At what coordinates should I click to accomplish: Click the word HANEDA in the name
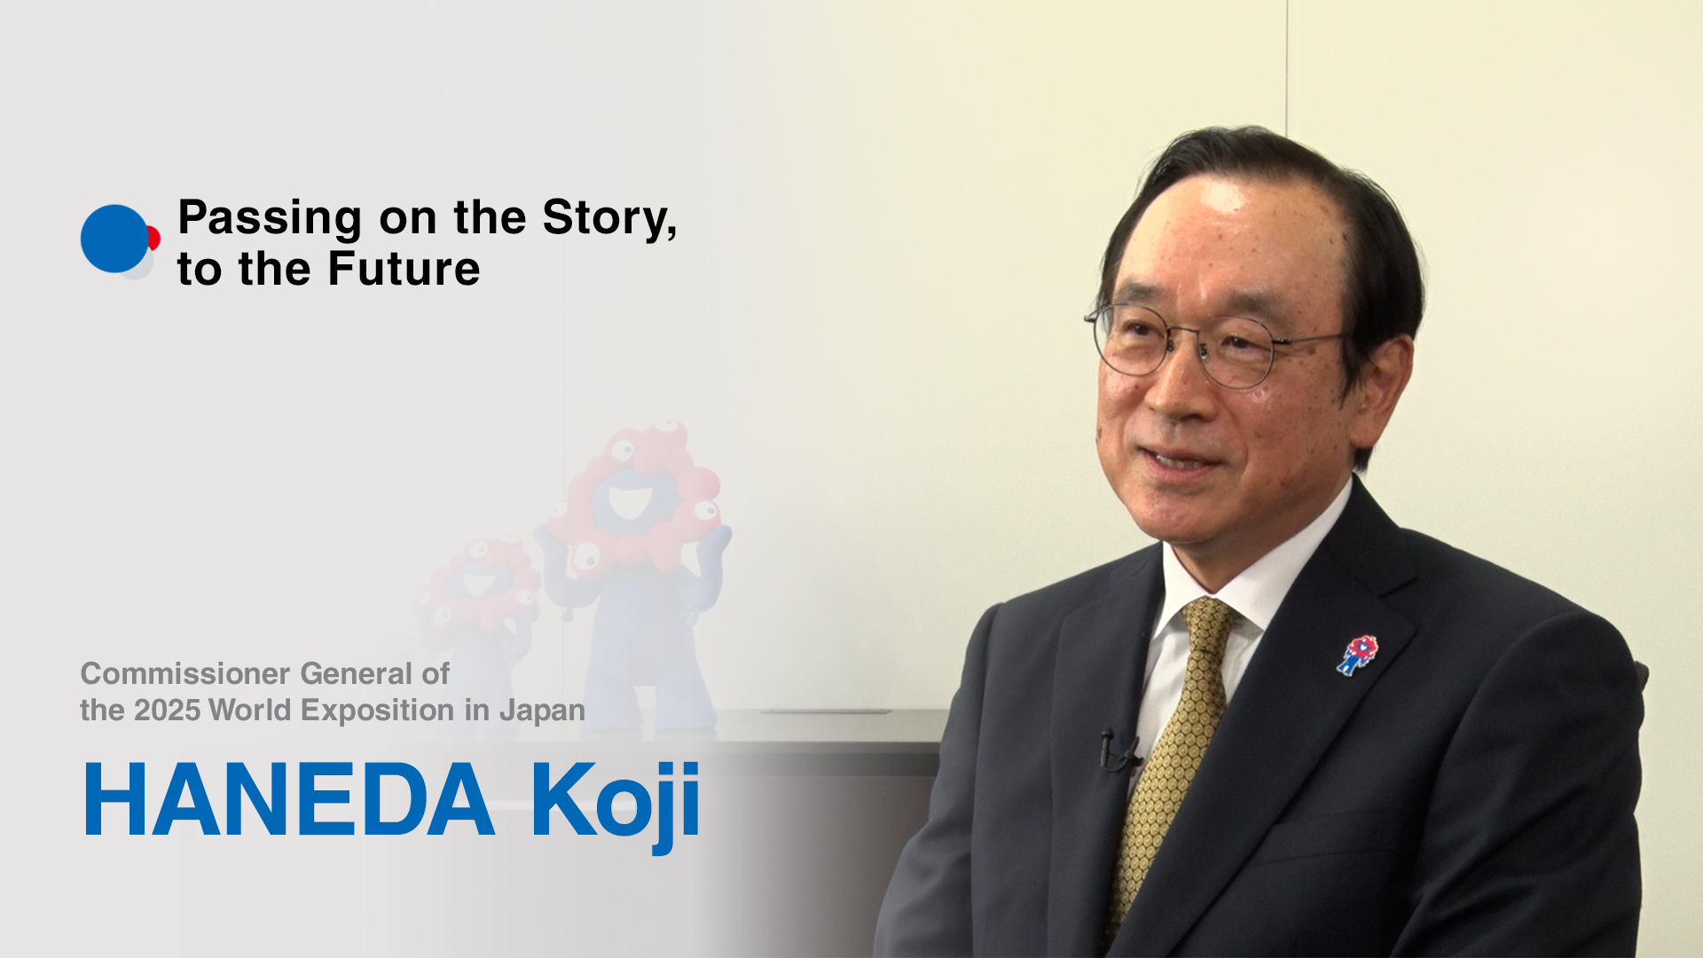(289, 799)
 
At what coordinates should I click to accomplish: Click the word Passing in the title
(270, 219)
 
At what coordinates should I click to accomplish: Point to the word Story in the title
(605, 217)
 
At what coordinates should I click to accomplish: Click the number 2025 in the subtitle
(167, 711)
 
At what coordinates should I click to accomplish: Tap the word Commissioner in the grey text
(184, 673)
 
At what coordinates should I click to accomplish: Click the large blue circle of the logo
(114, 239)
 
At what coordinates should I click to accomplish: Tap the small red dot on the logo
(154, 238)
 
